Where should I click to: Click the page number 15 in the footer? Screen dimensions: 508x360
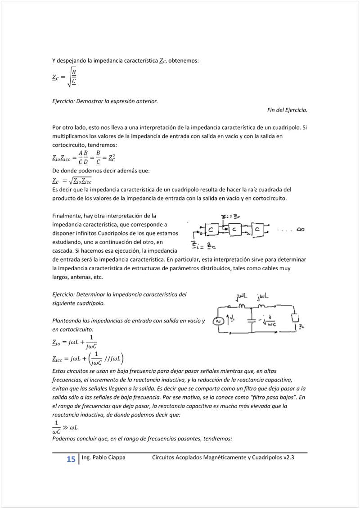(x=71, y=459)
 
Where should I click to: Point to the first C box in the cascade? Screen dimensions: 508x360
(x=211, y=230)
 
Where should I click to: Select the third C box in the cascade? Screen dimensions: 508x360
(x=258, y=230)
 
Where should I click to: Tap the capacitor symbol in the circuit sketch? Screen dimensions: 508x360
(x=251, y=322)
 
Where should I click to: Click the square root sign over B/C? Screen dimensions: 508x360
(x=68, y=77)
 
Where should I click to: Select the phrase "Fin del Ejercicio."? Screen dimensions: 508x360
(x=287, y=110)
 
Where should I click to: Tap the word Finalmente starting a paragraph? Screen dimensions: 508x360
(x=67, y=216)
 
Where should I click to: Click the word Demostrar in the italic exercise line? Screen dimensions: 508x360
(x=90, y=101)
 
